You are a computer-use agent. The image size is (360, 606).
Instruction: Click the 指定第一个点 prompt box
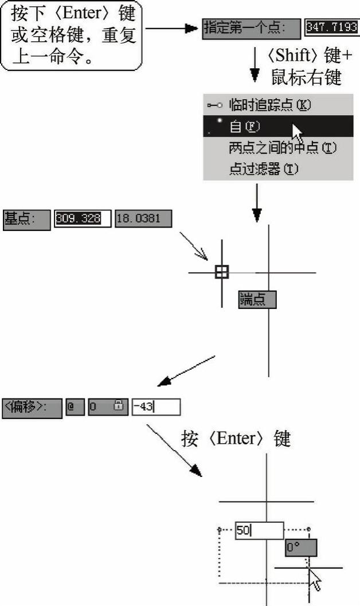tap(252, 27)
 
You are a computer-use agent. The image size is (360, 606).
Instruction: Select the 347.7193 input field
tap(332, 27)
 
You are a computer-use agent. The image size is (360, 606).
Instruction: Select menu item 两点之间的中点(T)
tap(281, 147)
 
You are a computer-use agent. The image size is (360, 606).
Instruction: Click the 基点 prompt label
tap(26, 218)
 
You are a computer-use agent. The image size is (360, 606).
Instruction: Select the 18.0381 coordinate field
tap(143, 218)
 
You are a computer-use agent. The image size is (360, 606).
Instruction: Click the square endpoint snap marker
tap(222, 272)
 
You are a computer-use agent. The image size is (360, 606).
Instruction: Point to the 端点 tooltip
tap(257, 299)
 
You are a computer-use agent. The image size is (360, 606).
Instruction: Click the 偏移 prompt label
tap(32, 407)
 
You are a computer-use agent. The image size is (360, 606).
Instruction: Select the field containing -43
tap(156, 407)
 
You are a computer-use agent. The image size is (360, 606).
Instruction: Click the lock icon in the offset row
tap(118, 406)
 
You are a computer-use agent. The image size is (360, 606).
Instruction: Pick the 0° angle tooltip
tap(300, 548)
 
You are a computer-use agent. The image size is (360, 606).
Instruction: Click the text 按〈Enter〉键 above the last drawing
tap(236, 439)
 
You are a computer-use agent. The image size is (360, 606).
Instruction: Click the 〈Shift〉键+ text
tap(309, 57)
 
